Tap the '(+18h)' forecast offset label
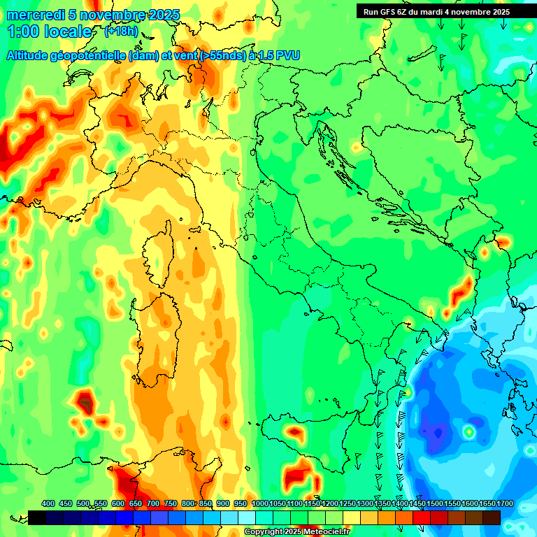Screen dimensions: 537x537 [121, 31]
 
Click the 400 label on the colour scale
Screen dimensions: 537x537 [48, 503]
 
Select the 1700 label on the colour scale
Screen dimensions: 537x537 [486, 503]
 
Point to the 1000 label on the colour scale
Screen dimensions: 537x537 [259, 503]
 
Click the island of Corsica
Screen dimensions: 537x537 [159, 249]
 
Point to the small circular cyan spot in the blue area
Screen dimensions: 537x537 [468, 432]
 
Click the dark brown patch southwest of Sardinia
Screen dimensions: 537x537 [85, 403]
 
